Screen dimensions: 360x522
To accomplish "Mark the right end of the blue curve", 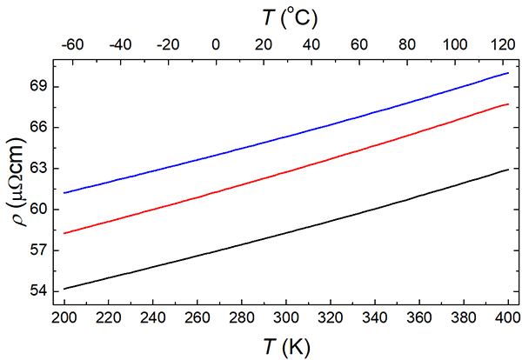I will pos(508,73).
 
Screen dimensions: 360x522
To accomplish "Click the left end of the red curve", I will pos(65,233).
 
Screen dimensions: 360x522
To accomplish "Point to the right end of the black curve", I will pos(508,170).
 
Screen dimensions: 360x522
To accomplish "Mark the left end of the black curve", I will pos(65,288).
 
